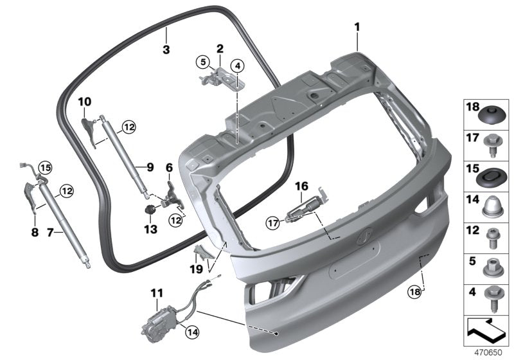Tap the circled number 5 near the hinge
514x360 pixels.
[x=203, y=62]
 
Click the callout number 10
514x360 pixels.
[x=85, y=102]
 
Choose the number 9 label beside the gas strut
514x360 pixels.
[x=149, y=167]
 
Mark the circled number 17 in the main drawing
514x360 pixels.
[x=273, y=223]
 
